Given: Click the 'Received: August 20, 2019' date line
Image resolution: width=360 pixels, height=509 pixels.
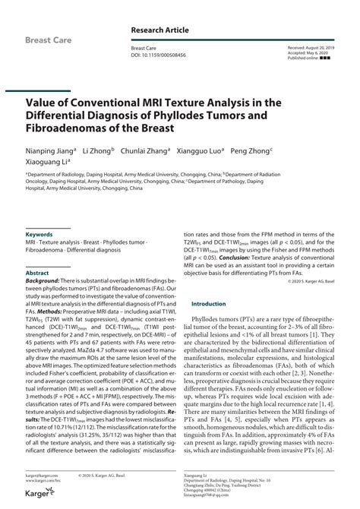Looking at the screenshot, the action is point(314,47).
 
